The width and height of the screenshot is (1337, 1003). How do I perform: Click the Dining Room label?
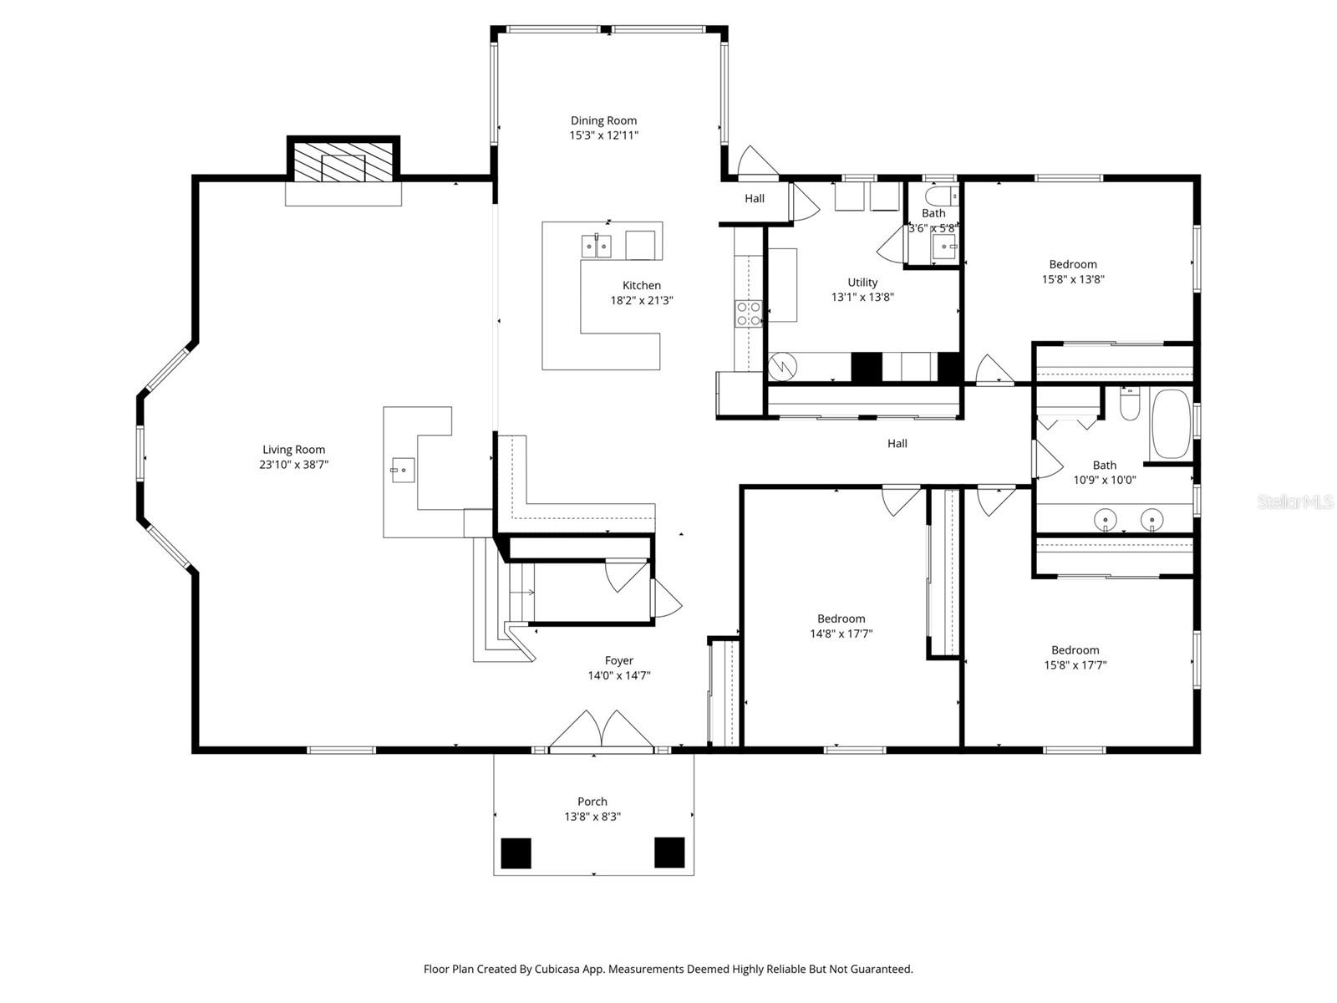603,120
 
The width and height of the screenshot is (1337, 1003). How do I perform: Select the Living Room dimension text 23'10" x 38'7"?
293,465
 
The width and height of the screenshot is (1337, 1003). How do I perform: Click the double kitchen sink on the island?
597,247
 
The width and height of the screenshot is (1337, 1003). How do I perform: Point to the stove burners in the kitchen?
748,313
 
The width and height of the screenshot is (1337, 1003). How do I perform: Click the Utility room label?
862,283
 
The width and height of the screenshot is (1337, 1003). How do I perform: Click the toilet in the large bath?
1128,405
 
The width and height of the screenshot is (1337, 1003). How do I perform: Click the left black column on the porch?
516,853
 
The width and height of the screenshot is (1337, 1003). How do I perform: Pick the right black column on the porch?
669,853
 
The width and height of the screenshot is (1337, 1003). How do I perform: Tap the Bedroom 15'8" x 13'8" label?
1073,265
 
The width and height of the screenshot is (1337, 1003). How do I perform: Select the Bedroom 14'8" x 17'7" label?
841,619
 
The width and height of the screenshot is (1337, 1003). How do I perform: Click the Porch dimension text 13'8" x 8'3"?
592,817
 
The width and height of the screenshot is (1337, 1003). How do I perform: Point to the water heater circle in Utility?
783,365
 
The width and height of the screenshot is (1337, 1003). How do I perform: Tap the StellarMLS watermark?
1296,502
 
